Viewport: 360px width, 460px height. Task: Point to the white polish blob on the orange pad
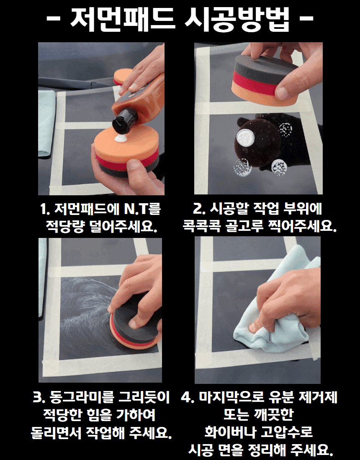(x=121, y=138)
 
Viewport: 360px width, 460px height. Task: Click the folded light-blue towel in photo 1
(x=46, y=123)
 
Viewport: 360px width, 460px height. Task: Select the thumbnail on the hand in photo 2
(x=282, y=93)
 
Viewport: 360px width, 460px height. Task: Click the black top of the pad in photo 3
(x=134, y=318)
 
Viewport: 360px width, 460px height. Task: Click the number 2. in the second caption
(x=199, y=209)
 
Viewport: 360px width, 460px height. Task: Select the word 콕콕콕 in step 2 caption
(x=201, y=226)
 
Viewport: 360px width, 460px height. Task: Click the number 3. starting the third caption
(x=39, y=398)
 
